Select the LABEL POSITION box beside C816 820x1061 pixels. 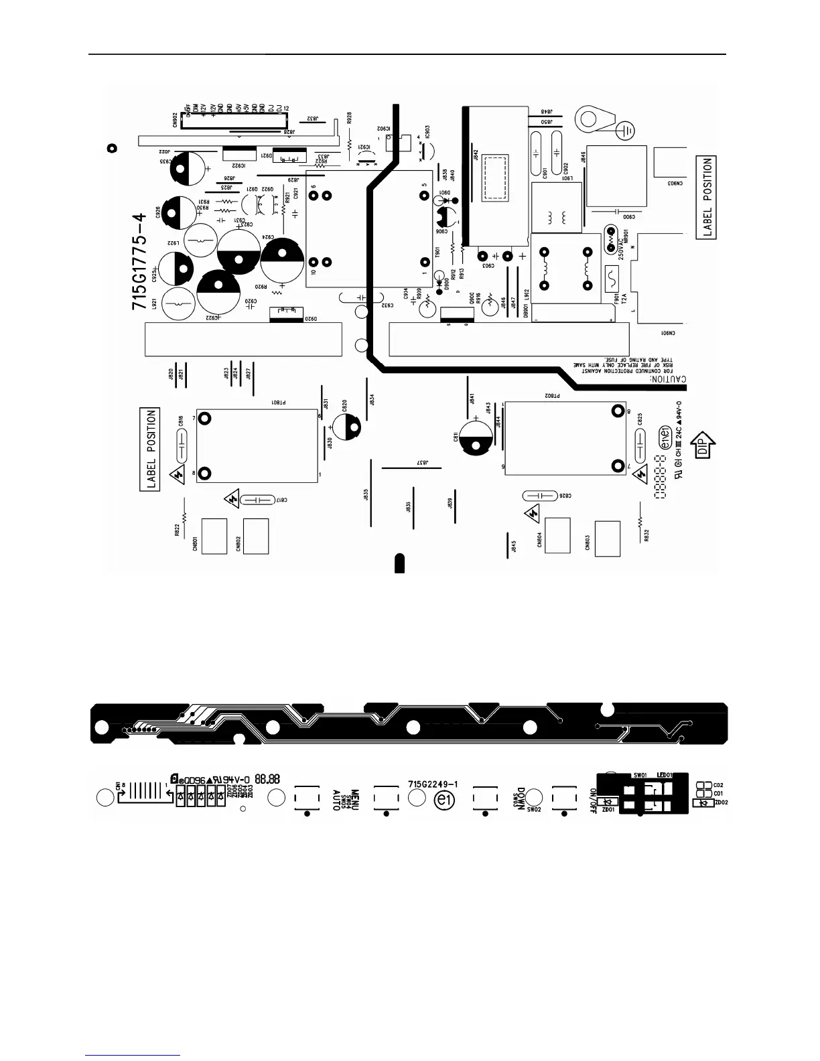pyautogui.click(x=151, y=449)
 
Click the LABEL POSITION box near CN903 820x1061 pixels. pyautogui.click(x=707, y=197)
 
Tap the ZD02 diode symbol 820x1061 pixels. pyautogui.click(x=703, y=803)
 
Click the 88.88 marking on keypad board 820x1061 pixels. pyautogui.click(x=267, y=780)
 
